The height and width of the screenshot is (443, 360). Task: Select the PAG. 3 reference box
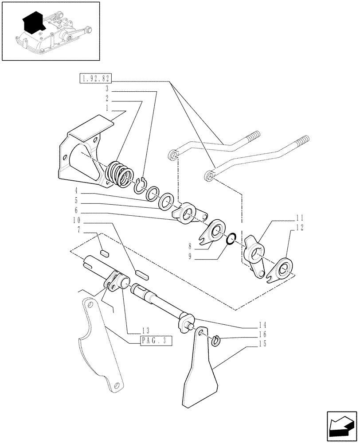[156, 341]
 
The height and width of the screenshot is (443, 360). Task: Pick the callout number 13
[145, 331]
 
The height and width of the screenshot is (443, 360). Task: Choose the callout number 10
[77, 220]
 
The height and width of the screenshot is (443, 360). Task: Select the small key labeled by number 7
[105, 254]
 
